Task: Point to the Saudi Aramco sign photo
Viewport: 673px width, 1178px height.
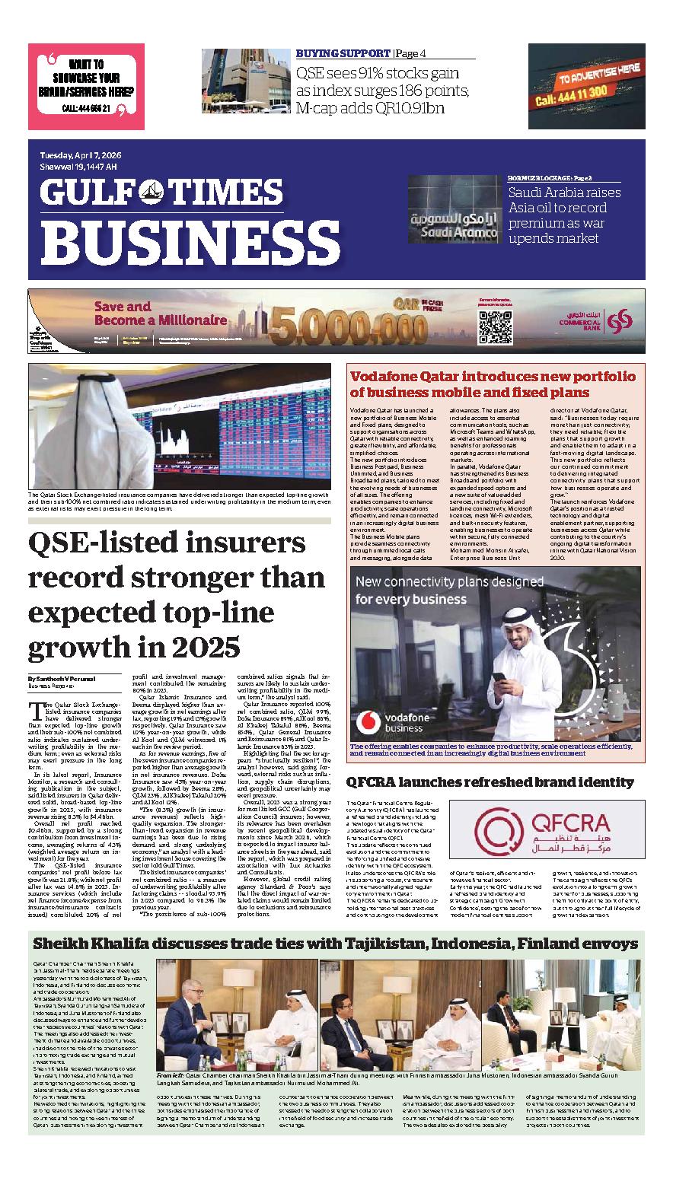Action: click(455, 211)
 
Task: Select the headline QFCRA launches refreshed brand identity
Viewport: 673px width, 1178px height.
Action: click(490, 782)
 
